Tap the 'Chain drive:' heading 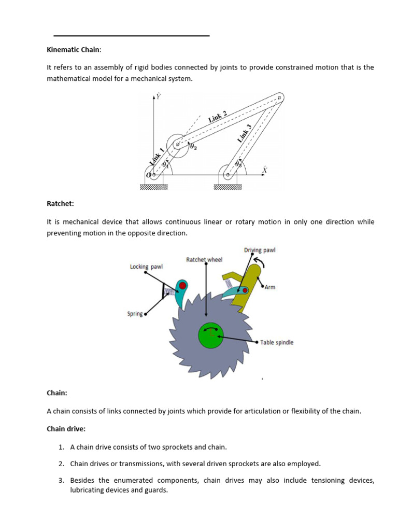[66, 428]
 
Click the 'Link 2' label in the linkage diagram [217, 117]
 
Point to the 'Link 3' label [245, 133]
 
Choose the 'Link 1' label [157, 157]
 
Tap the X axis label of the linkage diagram [264, 170]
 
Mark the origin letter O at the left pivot [148, 175]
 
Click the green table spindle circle [211, 336]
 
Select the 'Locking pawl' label [146, 267]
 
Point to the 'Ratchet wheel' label [204, 259]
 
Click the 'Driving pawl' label [260, 250]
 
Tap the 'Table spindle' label [277, 342]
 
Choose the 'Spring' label [135, 314]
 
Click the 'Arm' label [270, 287]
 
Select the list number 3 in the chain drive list [61, 481]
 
